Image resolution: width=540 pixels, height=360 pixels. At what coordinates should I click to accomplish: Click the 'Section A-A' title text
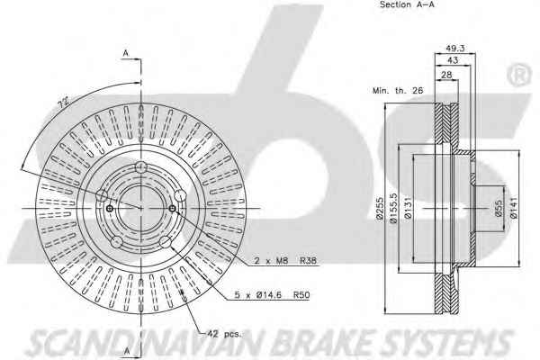click(x=407, y=4)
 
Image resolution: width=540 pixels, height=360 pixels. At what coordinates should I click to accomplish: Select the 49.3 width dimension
click(x=454, y=49)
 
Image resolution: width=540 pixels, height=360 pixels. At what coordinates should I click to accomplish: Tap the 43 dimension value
click(x=453, y=60)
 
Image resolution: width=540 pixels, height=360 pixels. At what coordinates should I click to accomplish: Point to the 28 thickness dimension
click(x=446, y=75)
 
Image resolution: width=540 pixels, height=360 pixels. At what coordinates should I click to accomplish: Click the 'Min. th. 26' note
click(x=398, y=91)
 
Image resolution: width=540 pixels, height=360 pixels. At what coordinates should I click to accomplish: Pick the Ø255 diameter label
click(x=380, y=208)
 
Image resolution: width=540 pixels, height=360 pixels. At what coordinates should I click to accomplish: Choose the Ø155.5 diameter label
click(x=393, y=208)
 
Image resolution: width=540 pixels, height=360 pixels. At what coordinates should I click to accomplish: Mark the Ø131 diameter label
click(x=408, y=208)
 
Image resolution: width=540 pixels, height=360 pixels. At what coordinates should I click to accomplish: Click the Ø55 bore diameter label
click(x=499, y=208)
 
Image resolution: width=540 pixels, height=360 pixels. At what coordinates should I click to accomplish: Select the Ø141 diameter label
click(x=514, y=208)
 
